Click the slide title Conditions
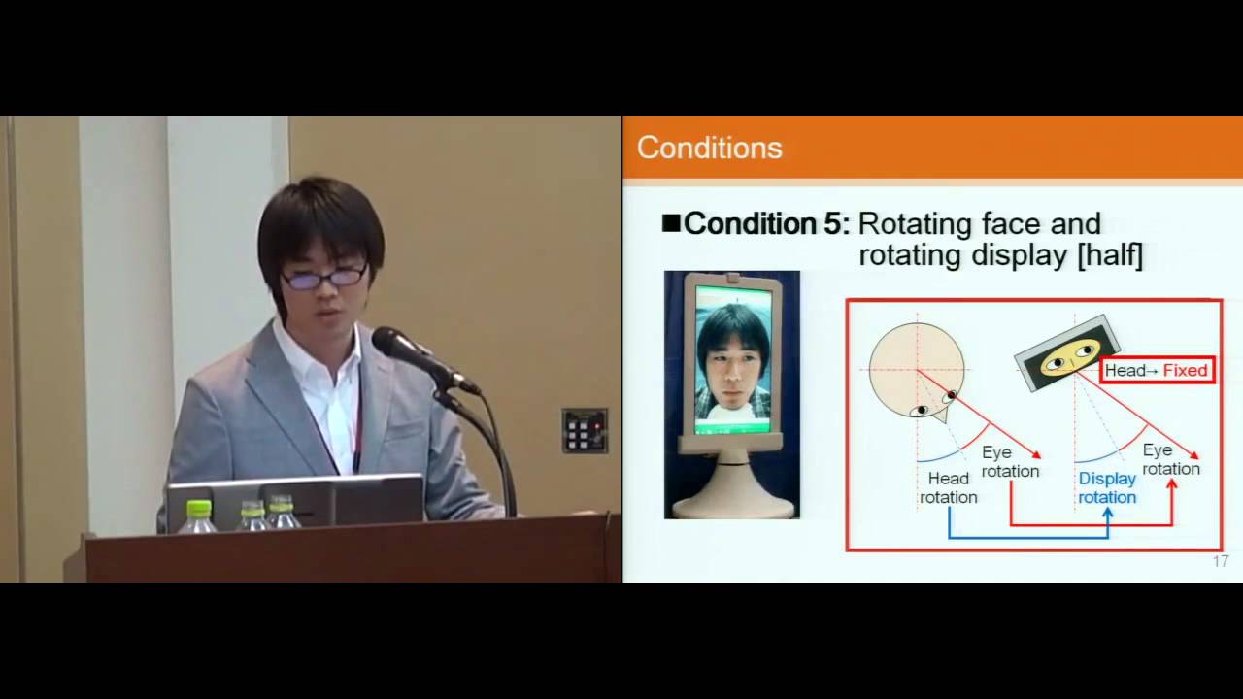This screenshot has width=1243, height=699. coord(709,148)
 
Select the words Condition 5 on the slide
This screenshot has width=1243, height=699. coord(766,224)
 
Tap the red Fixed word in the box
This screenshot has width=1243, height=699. coord(1185,370)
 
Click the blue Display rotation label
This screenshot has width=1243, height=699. coord(1107,488)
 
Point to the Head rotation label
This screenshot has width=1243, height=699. coord(949,487)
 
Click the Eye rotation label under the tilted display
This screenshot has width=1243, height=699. coord(1170,459)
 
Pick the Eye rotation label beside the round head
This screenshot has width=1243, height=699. coord(1010,461)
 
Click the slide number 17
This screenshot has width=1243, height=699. coord(1221,561)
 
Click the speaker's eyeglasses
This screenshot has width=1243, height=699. coord(324,278)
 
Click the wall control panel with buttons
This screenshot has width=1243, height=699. coord(584,430)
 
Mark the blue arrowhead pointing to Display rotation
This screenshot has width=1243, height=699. coord(1108,513)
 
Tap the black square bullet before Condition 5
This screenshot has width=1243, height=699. coord(671,223)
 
